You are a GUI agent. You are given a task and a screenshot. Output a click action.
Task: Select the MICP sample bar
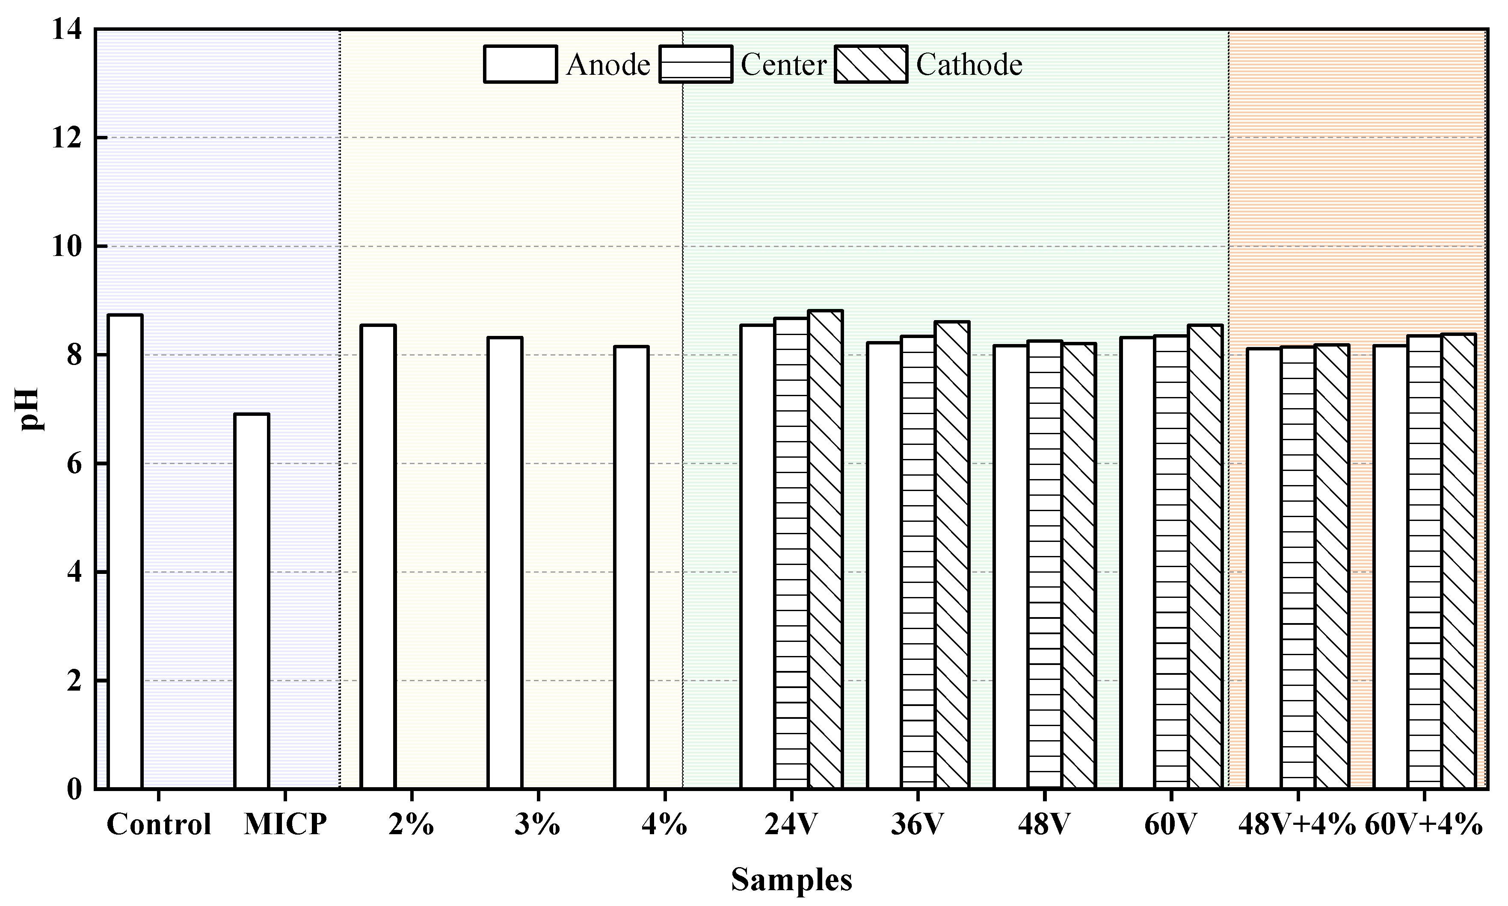[252, 601]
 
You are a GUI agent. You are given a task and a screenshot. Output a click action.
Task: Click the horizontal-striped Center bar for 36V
[918, 562]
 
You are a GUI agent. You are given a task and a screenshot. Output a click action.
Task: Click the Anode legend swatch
[520, 64]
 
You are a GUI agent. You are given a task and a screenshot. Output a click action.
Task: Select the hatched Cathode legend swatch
[871, 64]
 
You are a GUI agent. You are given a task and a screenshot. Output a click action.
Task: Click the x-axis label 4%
[664, 824]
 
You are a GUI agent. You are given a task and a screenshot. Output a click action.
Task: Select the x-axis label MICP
[285, 824]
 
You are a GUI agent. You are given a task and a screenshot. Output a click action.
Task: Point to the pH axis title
[30, 409]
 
